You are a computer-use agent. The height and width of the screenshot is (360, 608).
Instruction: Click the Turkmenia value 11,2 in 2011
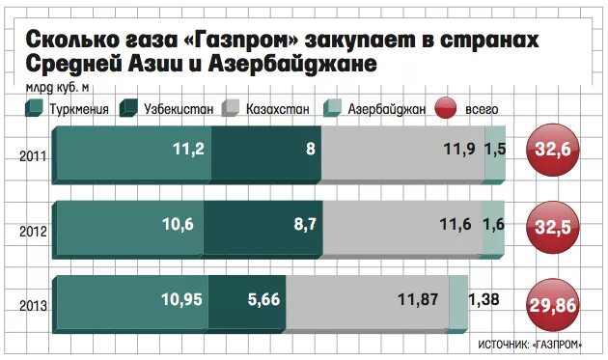click(181, 150)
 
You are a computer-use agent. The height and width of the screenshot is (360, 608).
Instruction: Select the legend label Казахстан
click(277, 110)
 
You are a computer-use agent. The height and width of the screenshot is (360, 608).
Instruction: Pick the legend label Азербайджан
click(386, 110)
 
